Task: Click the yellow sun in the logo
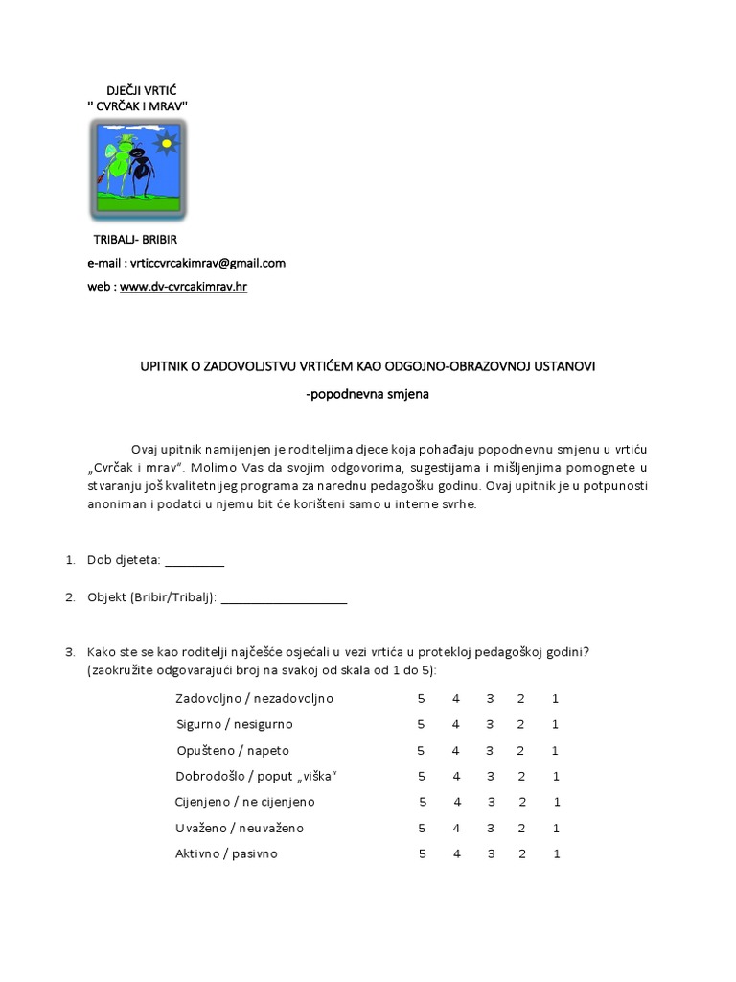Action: tap(168, 144)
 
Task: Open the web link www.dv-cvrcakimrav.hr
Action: tap(183, 286)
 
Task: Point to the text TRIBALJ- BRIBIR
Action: tap(135, 239)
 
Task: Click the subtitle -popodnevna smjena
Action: tap(368, 393)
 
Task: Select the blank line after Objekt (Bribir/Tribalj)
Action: tap(284, 598)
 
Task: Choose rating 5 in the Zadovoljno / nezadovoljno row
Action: tap(421, 698)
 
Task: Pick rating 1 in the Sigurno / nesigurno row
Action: tap(555, 724)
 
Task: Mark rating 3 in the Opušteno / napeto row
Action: tap(490, 750)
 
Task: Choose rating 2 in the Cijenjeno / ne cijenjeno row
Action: tap(522, 802)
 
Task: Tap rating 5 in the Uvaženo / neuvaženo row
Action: tap(422, 828)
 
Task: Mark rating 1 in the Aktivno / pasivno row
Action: tap(556, 853)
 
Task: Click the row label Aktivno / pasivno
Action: tap(226, 853)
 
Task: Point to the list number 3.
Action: tap(70, 652)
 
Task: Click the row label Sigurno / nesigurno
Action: tap(234, 724)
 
